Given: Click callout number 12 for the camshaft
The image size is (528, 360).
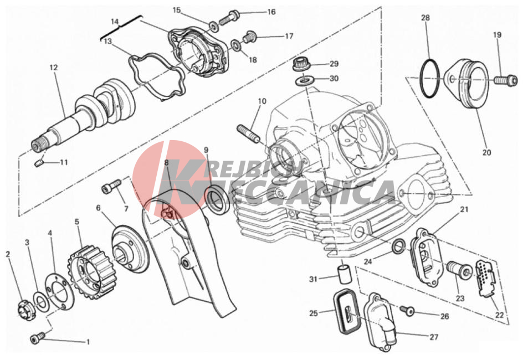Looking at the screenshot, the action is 54,68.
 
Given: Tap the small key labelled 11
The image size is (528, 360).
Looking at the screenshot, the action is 39,163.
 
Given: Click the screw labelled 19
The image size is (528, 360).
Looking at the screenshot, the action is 506,80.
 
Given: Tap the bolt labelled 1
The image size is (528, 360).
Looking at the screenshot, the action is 38,337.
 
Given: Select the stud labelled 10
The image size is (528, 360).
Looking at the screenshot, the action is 249,133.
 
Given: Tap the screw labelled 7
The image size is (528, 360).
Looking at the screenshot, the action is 111,186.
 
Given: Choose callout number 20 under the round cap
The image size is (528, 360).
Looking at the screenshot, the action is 486,152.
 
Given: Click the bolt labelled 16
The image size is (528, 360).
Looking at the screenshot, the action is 230,17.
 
